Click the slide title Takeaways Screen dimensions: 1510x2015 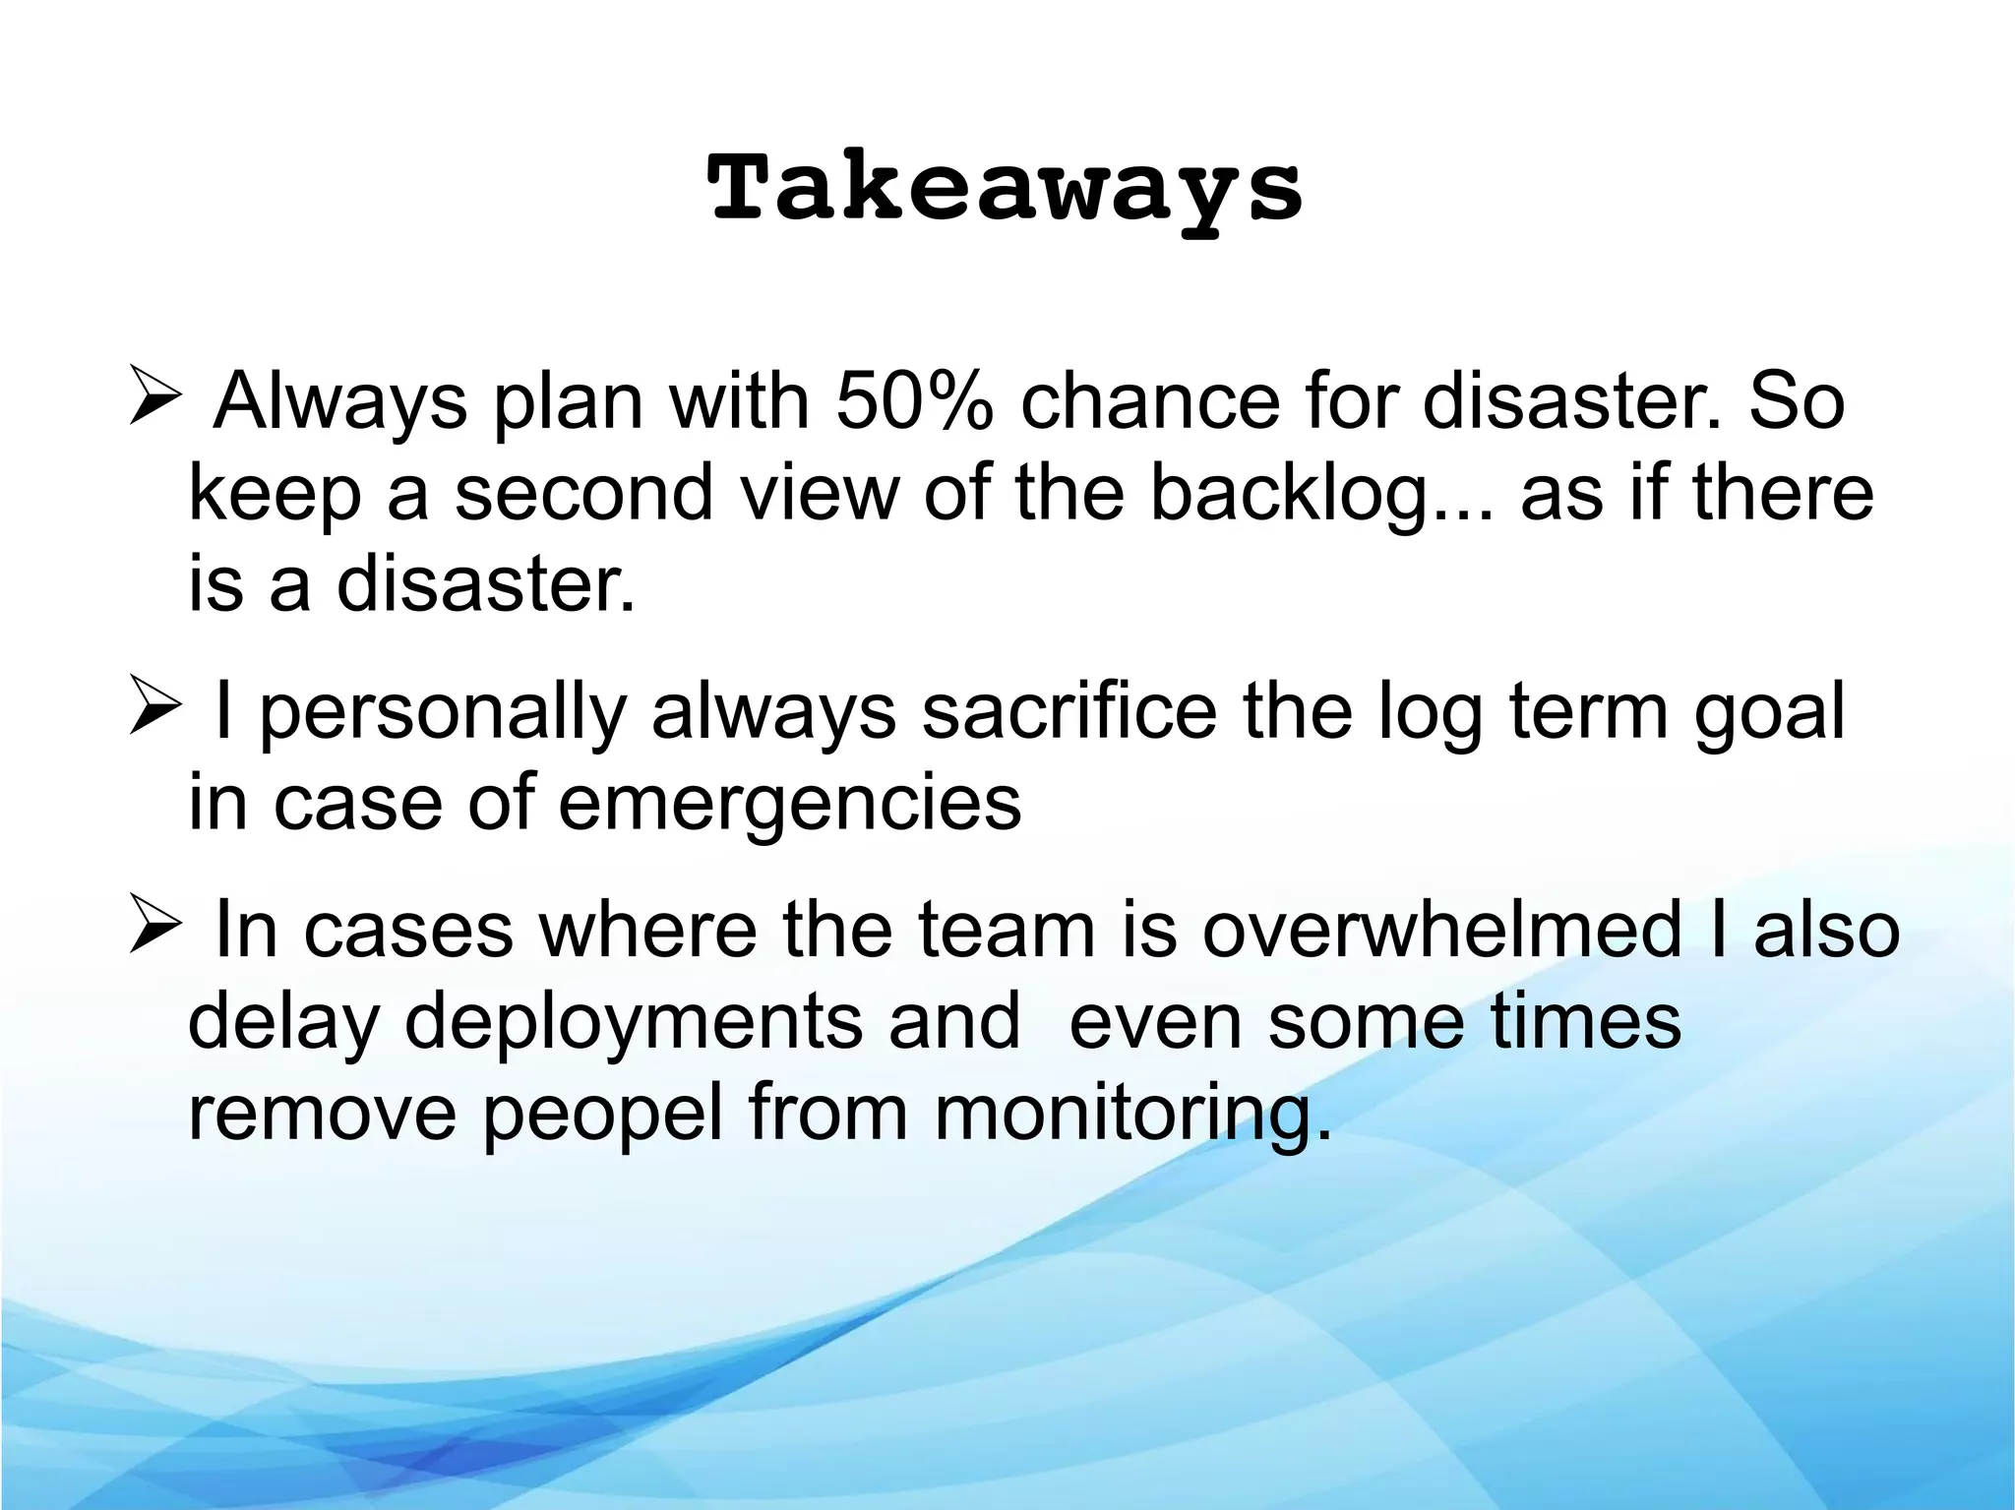(x=1006, y=189)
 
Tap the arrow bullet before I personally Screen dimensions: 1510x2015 (x=155, y=711)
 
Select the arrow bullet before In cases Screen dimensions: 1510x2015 (x=155, y=930)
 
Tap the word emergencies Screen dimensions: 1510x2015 (x=789, y=803)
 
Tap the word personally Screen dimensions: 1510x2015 (x=443, y=714)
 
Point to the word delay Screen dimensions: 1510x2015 (x=282, y=1023)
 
